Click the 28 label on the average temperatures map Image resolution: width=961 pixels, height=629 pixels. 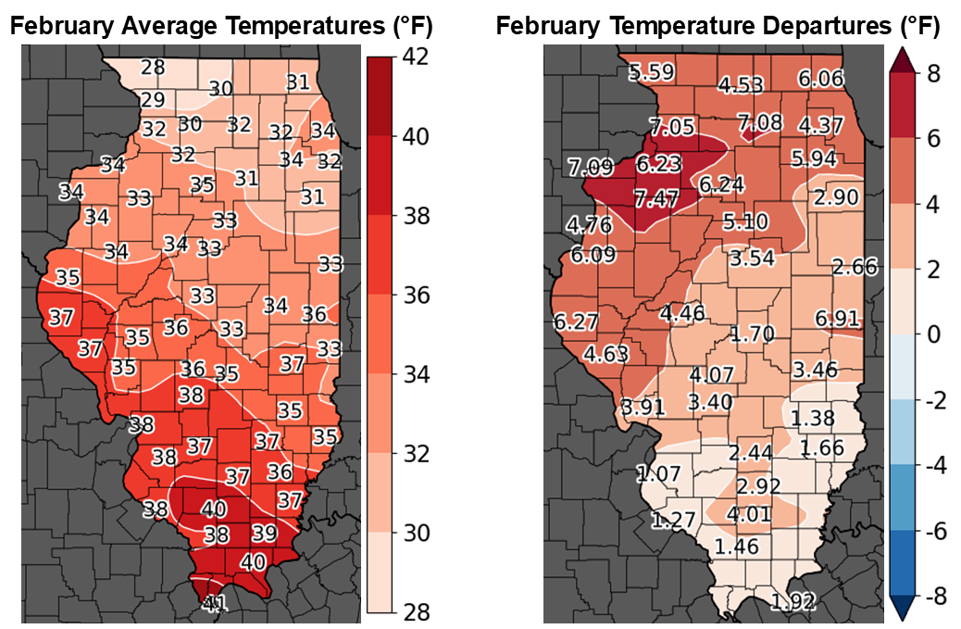click(x=154, y=68)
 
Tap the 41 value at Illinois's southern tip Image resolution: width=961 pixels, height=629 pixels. click(x=214, y=603)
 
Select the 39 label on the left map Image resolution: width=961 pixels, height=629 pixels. click(x=264, y=533)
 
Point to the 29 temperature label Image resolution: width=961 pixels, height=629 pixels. click(x=153, y=100)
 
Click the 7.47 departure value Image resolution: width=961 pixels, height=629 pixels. click(x=655, y=196)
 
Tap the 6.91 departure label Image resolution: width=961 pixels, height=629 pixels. click(x=838, y=319)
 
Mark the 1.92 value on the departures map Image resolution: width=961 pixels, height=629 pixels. click(x=793, y=602)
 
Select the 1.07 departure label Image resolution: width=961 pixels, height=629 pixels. click(x=658, y=474)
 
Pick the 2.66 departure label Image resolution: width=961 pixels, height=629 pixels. click(x=855, y=268)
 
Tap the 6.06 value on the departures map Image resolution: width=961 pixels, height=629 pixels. click(x=821, y=79)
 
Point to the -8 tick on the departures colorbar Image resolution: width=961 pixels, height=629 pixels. click(x=935, y=597)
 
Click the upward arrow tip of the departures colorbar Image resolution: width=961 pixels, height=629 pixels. click(x=903, y=53)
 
